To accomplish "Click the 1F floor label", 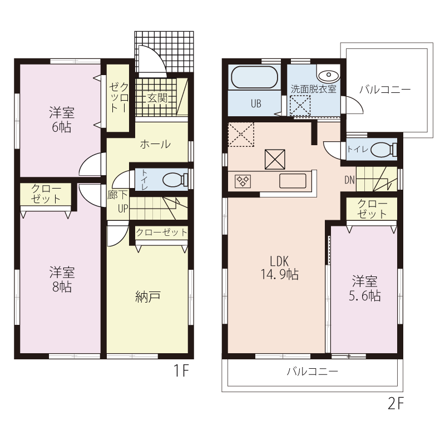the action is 181,370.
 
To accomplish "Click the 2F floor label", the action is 395,403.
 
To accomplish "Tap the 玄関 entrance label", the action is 157,98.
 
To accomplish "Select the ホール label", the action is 156,144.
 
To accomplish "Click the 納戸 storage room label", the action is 148,296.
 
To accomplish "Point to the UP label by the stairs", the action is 123,209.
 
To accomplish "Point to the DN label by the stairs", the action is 350,180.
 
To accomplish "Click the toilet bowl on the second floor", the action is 384,149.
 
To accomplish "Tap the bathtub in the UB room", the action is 255,77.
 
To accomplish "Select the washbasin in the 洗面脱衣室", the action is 328,75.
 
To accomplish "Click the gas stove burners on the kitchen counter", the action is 243,181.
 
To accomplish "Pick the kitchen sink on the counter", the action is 293,181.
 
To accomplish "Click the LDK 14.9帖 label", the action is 280,268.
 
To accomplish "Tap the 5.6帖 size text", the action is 364,296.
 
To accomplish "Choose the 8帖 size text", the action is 62,287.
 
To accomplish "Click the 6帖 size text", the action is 62,127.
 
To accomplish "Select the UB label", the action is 256,104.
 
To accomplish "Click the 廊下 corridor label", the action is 117,195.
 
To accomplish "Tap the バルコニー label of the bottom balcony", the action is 312,372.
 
